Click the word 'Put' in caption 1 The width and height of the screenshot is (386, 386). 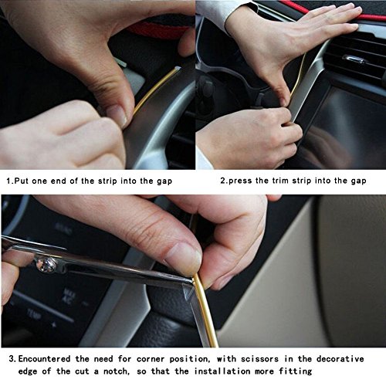(22, 181)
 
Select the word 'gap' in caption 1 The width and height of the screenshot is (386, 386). (164, 181)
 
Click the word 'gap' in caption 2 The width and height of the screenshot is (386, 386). (358, 181)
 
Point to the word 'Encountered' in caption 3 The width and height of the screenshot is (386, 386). (44, 359)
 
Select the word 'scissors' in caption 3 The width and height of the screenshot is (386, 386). (259, 359)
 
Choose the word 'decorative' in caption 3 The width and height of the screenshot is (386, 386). (340, 359)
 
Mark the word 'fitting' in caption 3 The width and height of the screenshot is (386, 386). (296, 371)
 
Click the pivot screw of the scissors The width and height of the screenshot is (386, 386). (45, 264)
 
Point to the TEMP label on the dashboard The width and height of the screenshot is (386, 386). (34, 313)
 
